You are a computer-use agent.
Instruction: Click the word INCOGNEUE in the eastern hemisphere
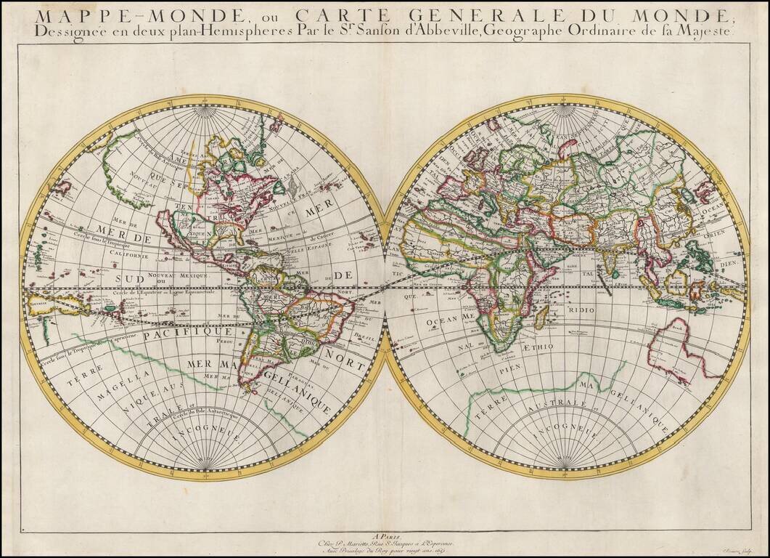566,433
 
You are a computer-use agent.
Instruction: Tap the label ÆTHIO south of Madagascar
536,347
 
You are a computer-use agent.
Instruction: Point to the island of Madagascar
540,316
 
